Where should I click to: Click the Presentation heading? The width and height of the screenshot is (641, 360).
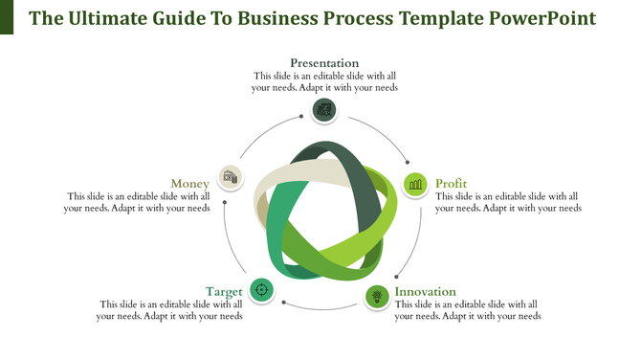pos(324,63)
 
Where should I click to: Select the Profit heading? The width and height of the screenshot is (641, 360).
pos(452,183)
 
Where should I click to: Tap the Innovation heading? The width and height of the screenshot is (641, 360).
pos(426,291)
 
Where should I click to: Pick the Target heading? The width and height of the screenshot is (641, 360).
pos(222,291)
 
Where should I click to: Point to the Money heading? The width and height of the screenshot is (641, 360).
pos(189,183)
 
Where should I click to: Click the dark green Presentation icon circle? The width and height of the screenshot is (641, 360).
pos(324,109)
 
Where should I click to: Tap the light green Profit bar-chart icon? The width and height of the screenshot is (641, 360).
pos(415,183)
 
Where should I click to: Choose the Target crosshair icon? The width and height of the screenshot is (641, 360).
pos(261,289)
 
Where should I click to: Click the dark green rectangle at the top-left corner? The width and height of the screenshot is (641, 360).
pos(7,17)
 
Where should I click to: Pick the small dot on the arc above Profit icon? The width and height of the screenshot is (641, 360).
pos(409,162)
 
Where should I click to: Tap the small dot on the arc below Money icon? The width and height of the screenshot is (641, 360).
pos(224,203)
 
